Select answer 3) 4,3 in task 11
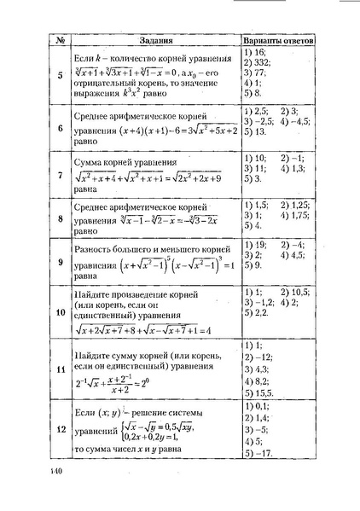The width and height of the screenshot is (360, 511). [x=258, y=369]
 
